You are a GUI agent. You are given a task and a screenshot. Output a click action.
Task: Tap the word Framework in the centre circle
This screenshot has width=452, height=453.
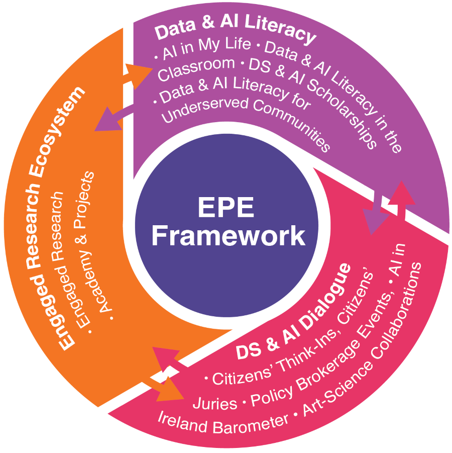pos(229,236)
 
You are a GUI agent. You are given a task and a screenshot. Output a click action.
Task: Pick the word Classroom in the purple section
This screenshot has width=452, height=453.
pos(196,68)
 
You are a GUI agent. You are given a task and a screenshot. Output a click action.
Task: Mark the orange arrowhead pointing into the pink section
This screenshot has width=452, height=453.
pos(170,389)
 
